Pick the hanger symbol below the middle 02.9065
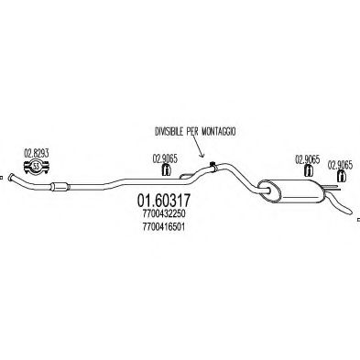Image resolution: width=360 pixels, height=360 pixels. tap(307, 171)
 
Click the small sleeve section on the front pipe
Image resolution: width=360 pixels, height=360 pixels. tap(58, 189)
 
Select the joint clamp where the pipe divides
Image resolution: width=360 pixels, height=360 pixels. tap(213, 167)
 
